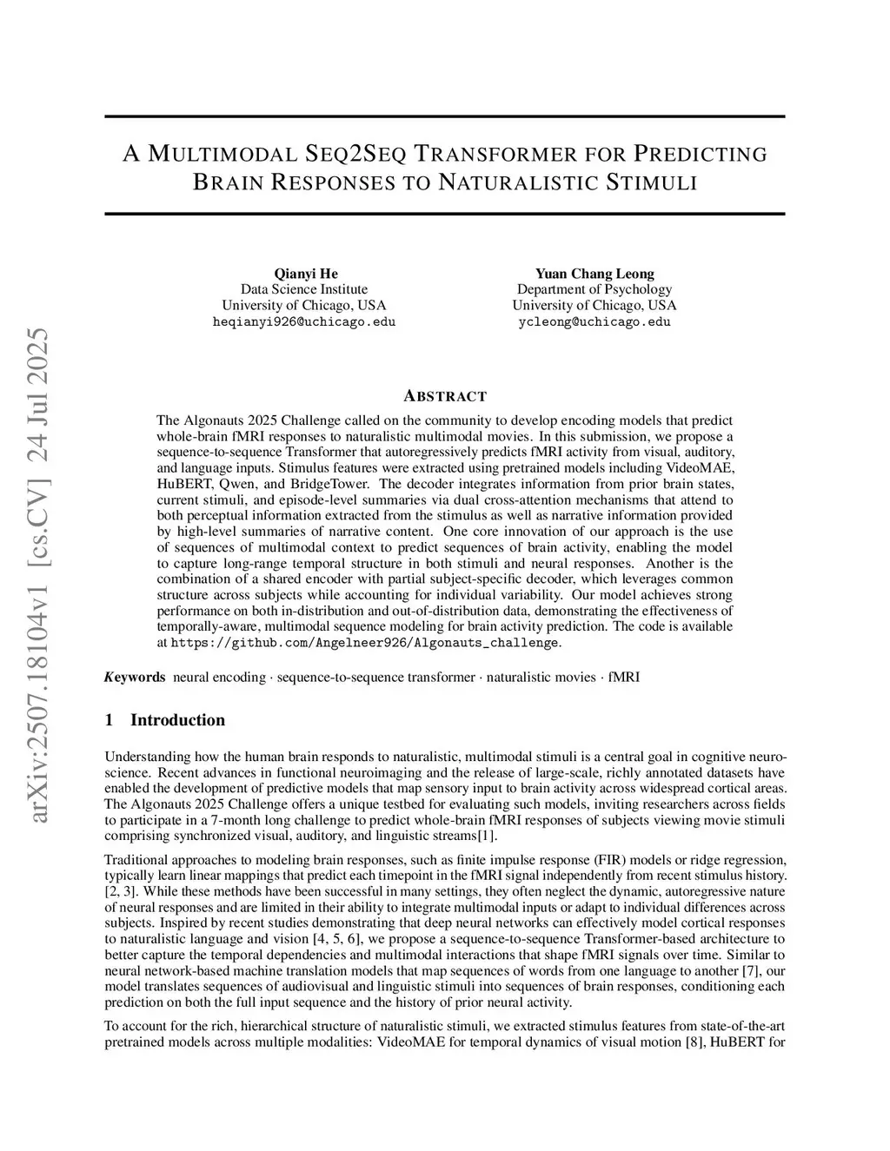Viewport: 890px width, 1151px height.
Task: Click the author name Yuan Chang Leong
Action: [x=594, y=274]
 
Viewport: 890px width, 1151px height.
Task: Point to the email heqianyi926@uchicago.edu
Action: [x=304, y=321]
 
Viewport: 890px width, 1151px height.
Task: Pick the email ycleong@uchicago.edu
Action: [x=594, y=321]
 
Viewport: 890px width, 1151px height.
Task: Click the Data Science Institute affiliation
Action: [x=304, y=289]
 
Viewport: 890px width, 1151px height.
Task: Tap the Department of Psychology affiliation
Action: [x=594, y=289]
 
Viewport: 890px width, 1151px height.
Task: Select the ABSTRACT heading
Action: [x=445, y=396]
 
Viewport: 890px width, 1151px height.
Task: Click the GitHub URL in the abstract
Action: [x=365, y=644]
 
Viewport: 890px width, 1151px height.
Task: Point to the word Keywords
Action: [x=135, y=678]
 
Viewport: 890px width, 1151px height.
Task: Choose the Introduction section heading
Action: [x=177, y=720]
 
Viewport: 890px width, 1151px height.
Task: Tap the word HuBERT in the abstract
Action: [x=182, y=484]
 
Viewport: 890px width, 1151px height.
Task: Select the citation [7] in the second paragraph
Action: [x=752, y=970]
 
